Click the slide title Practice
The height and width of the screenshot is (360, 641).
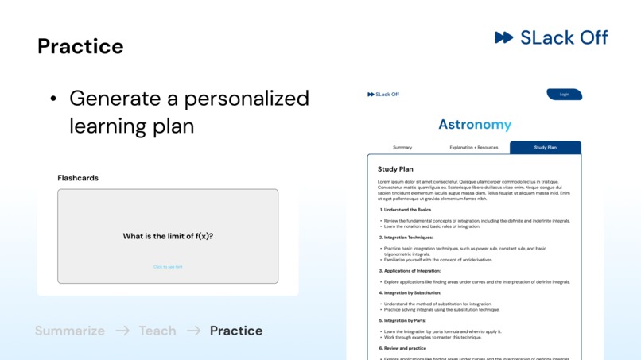[80, 46]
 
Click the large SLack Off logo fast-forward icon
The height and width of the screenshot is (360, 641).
[503, 37]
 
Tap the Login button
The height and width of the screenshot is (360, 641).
[564, 95]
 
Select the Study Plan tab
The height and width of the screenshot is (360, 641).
[545, 148]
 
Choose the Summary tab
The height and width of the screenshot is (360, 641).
[402, 148]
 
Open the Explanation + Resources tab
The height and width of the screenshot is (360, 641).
[474, 148]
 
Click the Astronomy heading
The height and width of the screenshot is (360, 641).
[475, 125]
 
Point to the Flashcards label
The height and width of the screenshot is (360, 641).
[78, 178]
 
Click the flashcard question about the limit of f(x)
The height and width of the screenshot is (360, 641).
[168, 236]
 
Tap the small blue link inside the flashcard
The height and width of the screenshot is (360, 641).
[168, 267]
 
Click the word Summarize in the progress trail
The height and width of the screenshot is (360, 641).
[70, 331]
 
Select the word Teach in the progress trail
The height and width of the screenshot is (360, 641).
[157, 331]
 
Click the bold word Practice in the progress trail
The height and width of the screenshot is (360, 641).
[236, 331]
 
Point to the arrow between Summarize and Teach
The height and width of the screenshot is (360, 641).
[122, 331]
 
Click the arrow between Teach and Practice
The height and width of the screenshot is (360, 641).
[193, 331]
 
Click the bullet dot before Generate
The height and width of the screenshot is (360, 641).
[53, 99]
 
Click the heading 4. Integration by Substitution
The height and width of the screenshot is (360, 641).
[410, 292]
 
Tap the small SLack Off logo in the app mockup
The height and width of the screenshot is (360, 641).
[383, 95]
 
